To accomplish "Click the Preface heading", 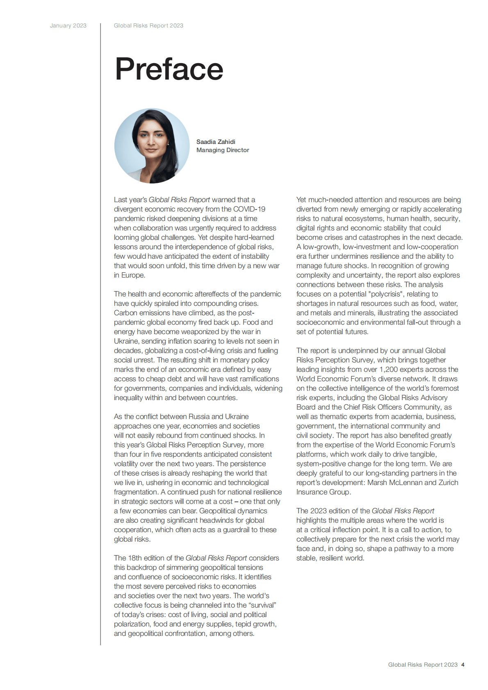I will (169, 69).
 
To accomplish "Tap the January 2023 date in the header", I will (68, 25).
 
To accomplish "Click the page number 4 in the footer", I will (463, 665).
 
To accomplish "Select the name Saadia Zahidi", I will (216, 142).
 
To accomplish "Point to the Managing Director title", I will (223, 150).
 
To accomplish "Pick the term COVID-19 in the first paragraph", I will (249, 209).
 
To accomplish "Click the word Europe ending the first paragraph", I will (133, 275).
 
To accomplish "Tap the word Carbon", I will (125, 313).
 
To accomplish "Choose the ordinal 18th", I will (135, 558).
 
